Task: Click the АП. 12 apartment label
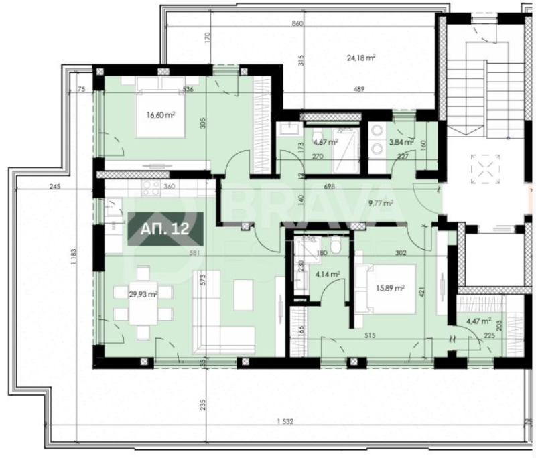point(165,228)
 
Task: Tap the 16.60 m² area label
point(160,115)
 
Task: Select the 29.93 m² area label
point(143,293)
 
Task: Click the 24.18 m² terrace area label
point(360,58)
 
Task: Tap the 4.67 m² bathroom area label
point(324,141)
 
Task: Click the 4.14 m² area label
point(327,273)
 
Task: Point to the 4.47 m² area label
point(478,320)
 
